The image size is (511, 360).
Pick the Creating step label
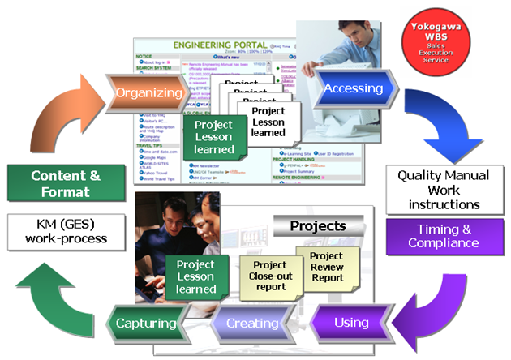[x=251, y=323]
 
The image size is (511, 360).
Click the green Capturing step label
[x=146, y=323]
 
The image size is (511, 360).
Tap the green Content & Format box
[x=67, y=183]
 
